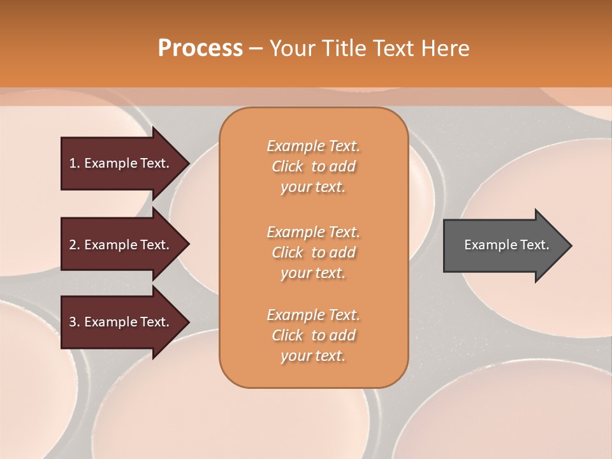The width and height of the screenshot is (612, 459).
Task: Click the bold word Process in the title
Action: click(x=200, y=48)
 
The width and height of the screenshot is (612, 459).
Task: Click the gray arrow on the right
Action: click(x=504, y=245)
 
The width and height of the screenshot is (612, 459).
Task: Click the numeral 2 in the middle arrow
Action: click(x=73, y=245)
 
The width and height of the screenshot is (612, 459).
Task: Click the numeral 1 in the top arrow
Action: click(x=73, y=163)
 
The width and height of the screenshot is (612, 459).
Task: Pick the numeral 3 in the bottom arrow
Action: click(x=73, y=322)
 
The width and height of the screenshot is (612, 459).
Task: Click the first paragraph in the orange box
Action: click(x=313, y=166)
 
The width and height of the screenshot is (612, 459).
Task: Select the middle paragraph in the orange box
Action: click(x=313, y=252)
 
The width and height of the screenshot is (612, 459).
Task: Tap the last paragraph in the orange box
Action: click(x=313, y=335)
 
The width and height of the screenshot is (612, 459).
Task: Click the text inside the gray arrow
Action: click(x=506, y=245)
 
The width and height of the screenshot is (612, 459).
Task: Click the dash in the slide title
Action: click(x=256, y=48)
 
